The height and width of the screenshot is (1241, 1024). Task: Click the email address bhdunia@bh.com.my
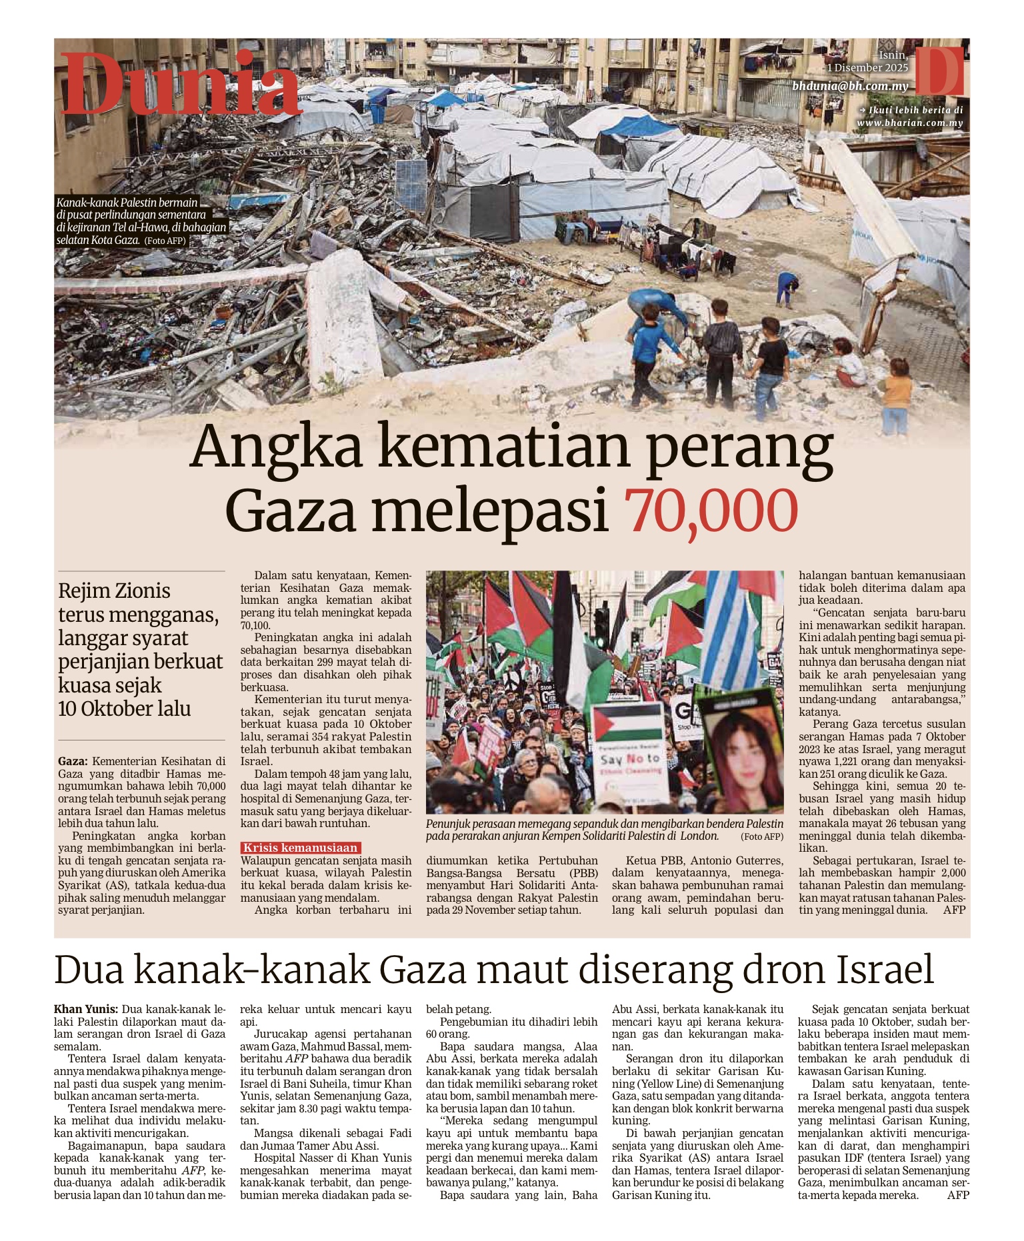851,86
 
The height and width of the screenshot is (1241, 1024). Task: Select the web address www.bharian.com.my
909,123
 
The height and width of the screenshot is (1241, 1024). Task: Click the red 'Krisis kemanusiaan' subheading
301,848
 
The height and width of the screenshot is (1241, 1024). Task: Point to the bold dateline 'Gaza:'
73,761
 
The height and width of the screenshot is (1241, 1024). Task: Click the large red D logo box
939,70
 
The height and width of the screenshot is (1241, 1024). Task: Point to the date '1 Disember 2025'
867,68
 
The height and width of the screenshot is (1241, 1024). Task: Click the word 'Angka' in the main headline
275,449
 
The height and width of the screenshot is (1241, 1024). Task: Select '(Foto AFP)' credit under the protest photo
761,836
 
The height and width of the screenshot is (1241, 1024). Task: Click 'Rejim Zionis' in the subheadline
114,591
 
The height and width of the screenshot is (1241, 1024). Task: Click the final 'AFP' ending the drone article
957,1195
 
